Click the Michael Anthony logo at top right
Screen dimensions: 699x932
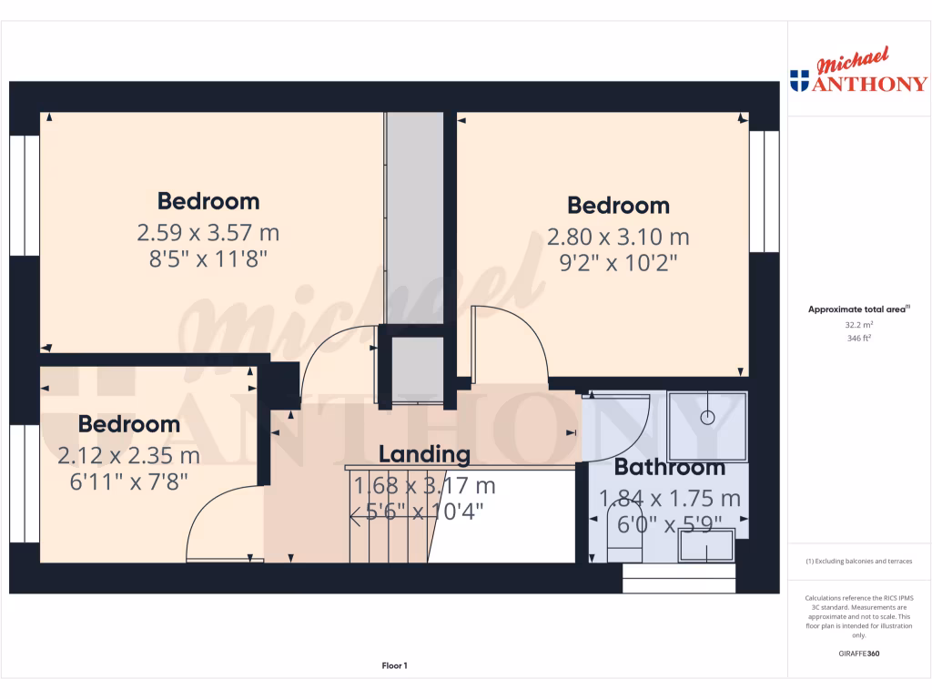(x=859, y=73)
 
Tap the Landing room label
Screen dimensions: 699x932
(x=424, y=454)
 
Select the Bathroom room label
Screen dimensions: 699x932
(x=669, y=468)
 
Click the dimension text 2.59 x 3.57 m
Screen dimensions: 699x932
(x=208, y=233)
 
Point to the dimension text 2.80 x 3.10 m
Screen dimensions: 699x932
(x=618, y=238)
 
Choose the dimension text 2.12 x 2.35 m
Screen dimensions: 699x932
(x=128, y=454)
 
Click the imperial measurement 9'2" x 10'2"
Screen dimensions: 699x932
(x=618, y=264)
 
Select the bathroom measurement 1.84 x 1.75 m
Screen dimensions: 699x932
(x=669, y=499)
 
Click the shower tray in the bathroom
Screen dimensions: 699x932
(x=707, y=426)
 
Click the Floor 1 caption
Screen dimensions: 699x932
(x=394, y=666)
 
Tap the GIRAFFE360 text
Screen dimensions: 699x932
(x=859, y=653)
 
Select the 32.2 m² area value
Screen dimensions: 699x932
(x=859, y=324)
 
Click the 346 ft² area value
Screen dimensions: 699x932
(x=859, y=338)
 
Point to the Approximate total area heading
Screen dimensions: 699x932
(x=858, y=309)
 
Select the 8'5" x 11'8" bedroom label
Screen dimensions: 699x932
(x=208, y=258)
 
